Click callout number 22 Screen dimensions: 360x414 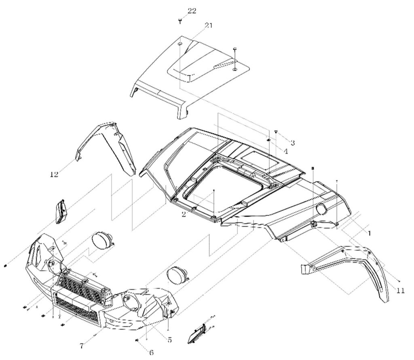191,11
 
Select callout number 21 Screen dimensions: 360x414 208,25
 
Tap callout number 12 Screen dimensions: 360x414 54,175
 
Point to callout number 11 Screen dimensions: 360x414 400,290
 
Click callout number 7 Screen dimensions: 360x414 82,346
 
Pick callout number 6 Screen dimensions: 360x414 151,352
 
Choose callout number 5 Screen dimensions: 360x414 169,340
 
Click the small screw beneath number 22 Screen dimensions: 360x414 181,20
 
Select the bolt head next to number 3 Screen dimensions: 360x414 276,132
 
